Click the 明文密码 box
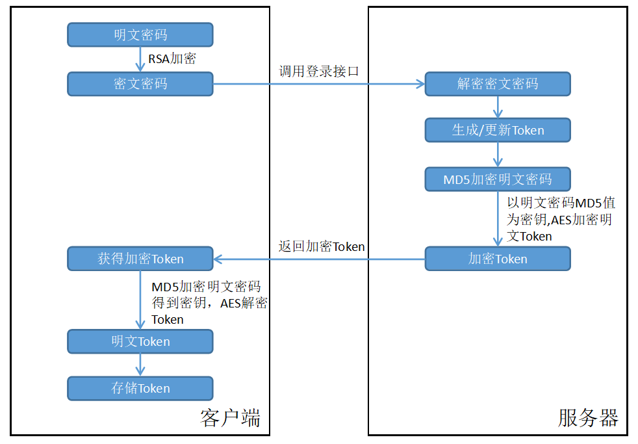click(140, 35)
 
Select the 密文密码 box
click(140, 84)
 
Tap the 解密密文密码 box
click(498, 84)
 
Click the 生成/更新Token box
click(498, 130)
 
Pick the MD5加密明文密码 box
click(498, 179)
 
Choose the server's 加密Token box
click(498, 259)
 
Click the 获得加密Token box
click(140, 259)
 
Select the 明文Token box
click(140, 341)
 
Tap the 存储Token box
click(140, 388)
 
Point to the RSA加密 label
click(172, 59)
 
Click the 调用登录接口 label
click(319, 72)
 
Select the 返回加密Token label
click(322, 247)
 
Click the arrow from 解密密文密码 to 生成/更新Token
click(498, 107)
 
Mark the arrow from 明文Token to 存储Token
click(140, 365)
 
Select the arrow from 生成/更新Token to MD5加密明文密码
click(498, 155)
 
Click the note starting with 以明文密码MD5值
click(559, 219)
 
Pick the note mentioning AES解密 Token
click(209, 302)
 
